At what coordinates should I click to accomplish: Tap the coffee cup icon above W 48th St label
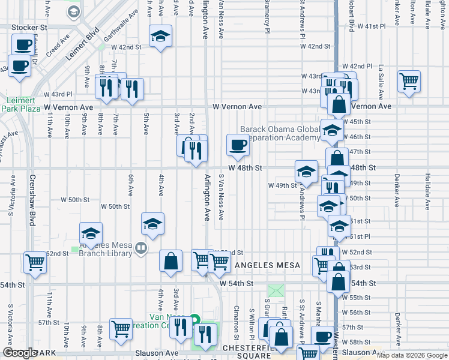click(238, 144)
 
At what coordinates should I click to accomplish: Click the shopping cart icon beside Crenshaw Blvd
click(35, 262)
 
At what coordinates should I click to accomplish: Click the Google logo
click(20, 353)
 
